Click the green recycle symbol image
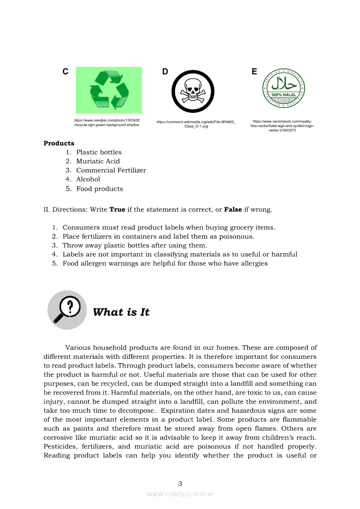(109, 90)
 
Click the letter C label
(65, 72)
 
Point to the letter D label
(165, 72)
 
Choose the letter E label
(255, 72)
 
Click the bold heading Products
(59, 143)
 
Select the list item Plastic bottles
(99, 152)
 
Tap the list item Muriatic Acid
(98, 161)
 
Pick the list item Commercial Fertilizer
(111, 170)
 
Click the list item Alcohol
(88, 179)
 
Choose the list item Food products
(100, 189)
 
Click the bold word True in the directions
(117, 209)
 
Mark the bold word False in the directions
(233, 209)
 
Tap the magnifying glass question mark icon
(67, 310)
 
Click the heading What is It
(121, 312)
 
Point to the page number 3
(180, 483)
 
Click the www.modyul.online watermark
(180, 494)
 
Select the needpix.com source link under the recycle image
(107, 122)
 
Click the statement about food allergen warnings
(165, 263)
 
